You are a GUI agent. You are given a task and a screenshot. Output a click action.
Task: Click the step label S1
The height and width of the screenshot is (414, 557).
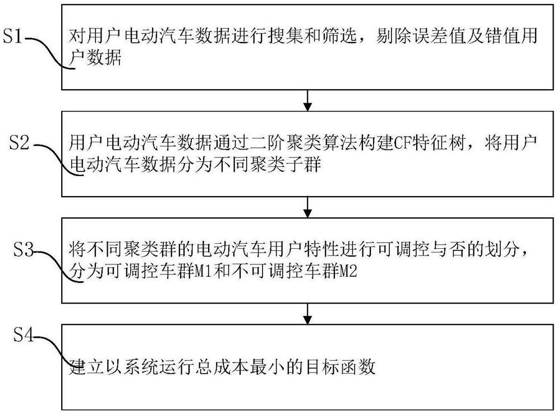pos(14,38)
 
